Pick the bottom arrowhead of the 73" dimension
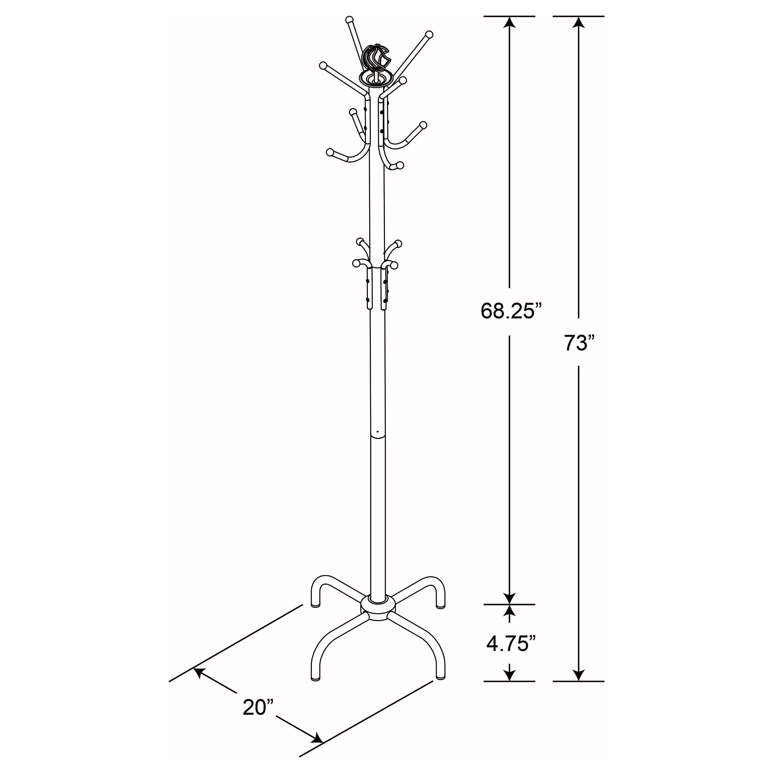click(x=579, y=676)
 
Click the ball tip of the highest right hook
click(x=429, y=34)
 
